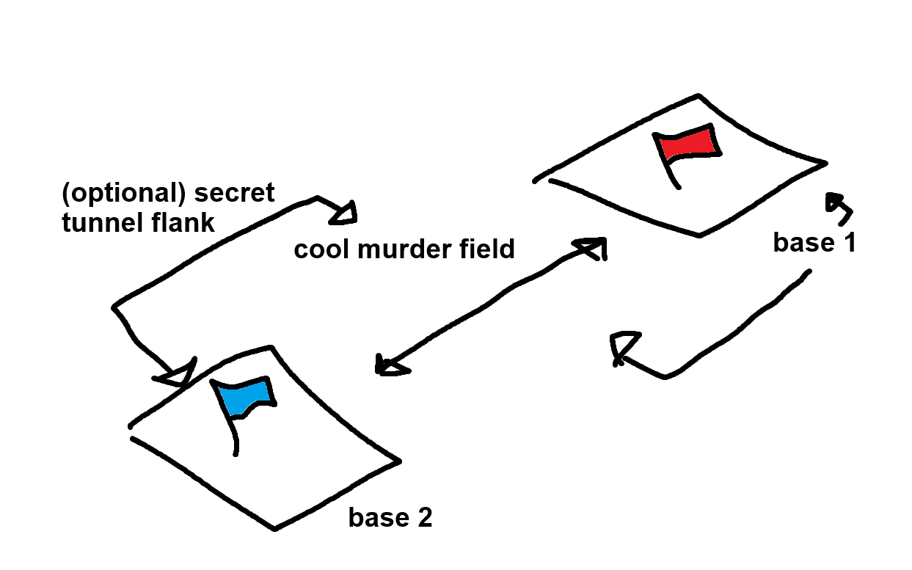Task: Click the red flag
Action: (x=688, y=144)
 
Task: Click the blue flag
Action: (x=248, y=397)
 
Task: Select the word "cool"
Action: (x=319, y=249)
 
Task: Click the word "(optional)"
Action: (x=123, y=193)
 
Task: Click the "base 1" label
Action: (x=814, y=243)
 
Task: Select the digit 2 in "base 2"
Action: (x=425, y=518)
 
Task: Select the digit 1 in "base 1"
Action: (x=848, y=243)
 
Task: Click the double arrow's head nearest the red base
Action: (x=593, y=248)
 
